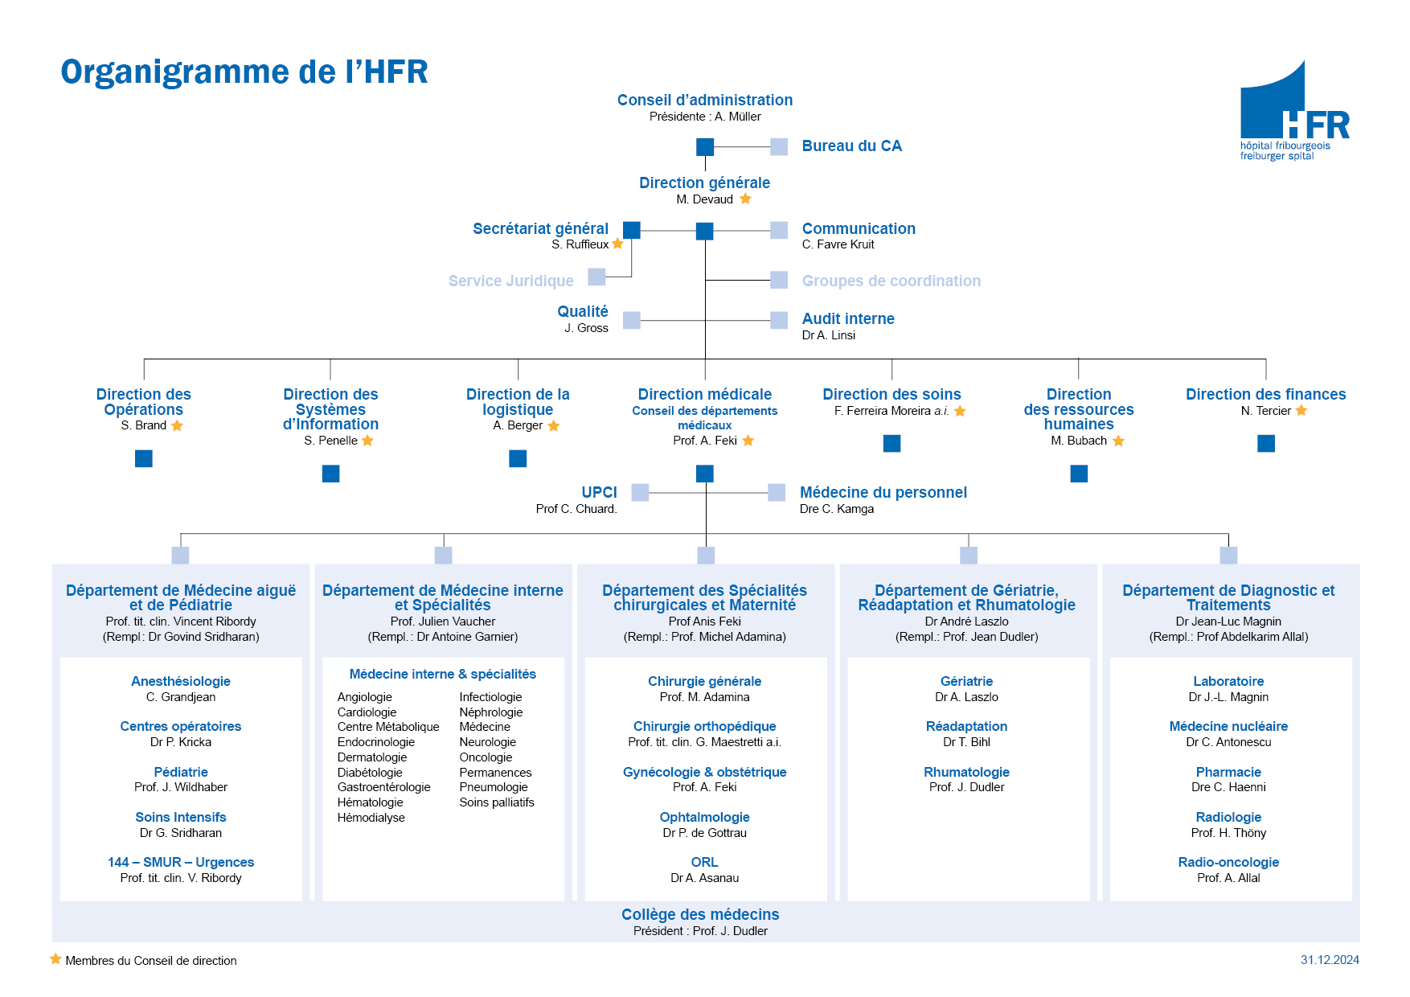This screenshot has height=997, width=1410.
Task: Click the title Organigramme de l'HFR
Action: (x=244, y=72)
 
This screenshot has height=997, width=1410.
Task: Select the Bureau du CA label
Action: (x=851, y=146)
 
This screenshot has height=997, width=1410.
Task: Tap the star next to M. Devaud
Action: (x=745, y=199)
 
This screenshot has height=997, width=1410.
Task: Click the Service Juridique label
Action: (x=510, y=281)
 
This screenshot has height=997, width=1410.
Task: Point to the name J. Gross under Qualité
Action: (x=586, y=328)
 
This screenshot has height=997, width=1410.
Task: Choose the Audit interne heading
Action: (x=848, y=318)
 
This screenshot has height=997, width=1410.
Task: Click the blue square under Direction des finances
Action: (x=1266, y=443)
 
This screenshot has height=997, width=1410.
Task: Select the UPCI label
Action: (x=599, y=492)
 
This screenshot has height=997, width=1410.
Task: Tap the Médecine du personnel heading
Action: (x=883, y=492)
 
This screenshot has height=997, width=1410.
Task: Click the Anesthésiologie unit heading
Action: (x=181, y=681)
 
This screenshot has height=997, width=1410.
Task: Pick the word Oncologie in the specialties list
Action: (x=486, y=757)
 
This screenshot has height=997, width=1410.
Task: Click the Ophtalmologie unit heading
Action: (x=704, y=817)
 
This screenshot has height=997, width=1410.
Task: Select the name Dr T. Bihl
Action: (x=966, y=742)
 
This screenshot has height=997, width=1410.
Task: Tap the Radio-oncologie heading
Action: (x=1228, y=862)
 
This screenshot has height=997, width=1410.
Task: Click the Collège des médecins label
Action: (x=700, y=914)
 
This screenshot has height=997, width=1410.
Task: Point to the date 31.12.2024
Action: (x=1330, y=960)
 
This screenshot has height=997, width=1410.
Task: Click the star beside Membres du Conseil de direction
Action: (x=55, y=959)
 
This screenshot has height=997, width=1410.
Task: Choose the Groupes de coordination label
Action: (x=891, y=281)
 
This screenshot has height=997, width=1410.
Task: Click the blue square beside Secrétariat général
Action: (x=632, y=230)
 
